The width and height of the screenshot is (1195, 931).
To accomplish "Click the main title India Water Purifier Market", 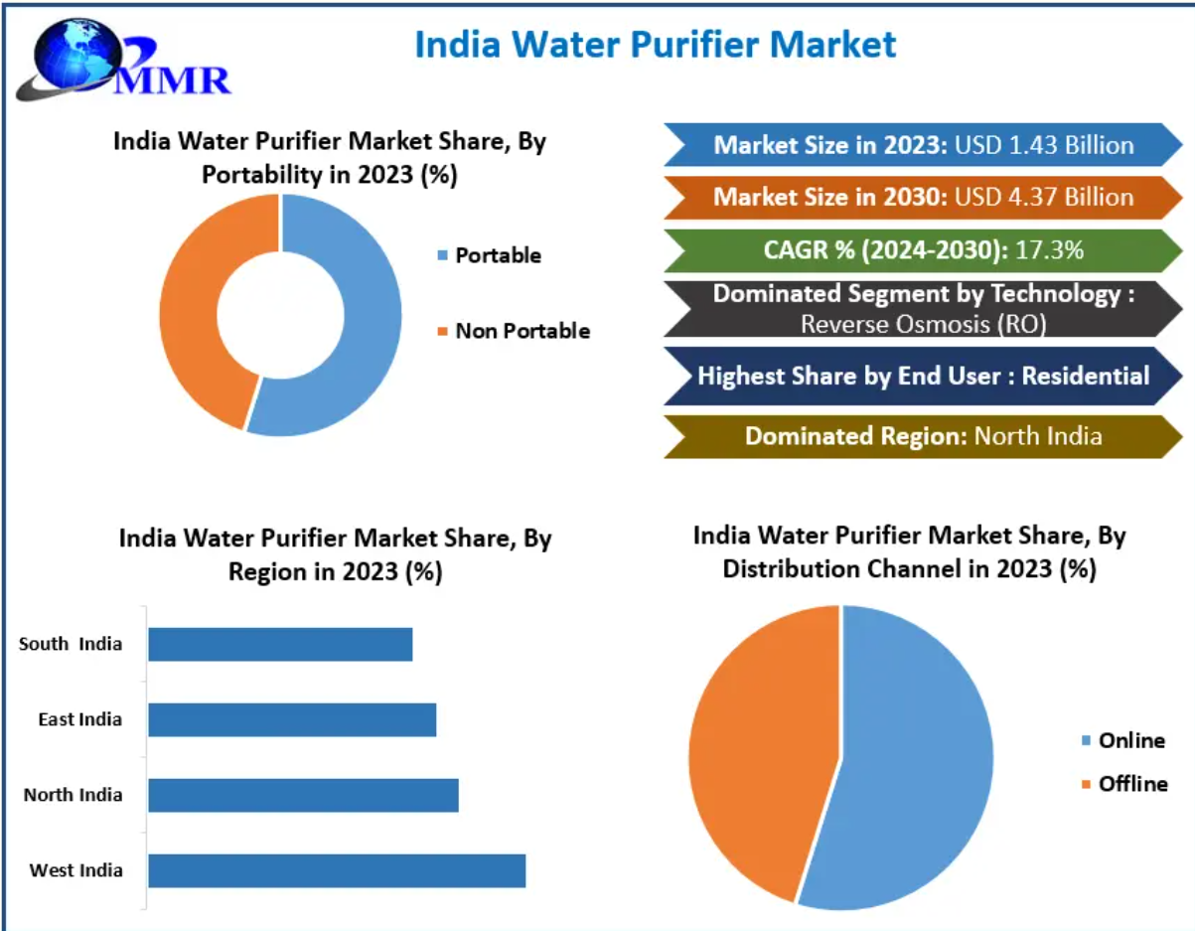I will pos(655,44).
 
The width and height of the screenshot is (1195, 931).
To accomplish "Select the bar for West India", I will pos(337,870).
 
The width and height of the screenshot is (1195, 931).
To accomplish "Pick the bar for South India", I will pos(280,644).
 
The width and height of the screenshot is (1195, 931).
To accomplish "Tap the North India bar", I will pos(303,795).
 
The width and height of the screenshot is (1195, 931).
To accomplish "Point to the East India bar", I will pos(292,719).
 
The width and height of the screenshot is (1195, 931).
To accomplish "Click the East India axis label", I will pos(79,719).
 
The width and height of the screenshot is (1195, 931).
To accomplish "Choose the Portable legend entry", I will pos(497,255).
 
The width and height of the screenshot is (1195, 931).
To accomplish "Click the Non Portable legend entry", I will pos(522,331).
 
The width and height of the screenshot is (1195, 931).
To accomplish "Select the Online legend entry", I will pos(1130,740).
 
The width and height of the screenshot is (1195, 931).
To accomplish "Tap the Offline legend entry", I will pos(1131,784).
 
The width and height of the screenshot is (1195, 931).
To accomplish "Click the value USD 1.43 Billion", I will pos(1044,145).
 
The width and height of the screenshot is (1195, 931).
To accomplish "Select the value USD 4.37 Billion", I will pos(1044,197).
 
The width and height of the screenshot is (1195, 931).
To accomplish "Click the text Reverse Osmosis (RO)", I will pos(923,323).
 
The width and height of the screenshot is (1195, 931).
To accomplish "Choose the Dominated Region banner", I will pos(923,435).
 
